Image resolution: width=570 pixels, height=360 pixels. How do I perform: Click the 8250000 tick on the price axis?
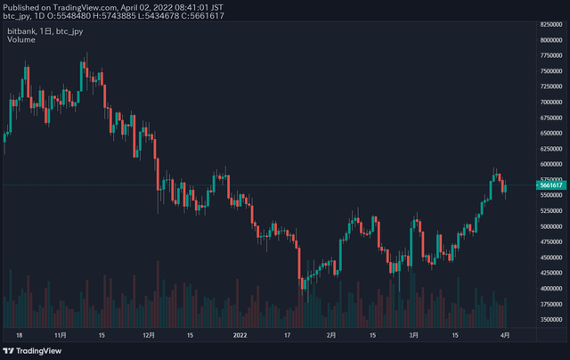click(x=550, y=39)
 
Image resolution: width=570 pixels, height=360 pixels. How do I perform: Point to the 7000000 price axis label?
click(x=550, y=102)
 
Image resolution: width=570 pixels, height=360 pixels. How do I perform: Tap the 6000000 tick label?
click(x=550, y=164)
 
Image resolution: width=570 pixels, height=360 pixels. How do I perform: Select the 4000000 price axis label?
click(x=550, y=288)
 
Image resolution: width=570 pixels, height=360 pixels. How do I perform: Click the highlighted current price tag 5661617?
click(x=550, y=185)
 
